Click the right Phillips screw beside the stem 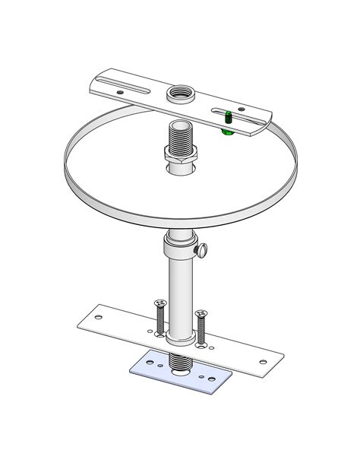tap(201, 325)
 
